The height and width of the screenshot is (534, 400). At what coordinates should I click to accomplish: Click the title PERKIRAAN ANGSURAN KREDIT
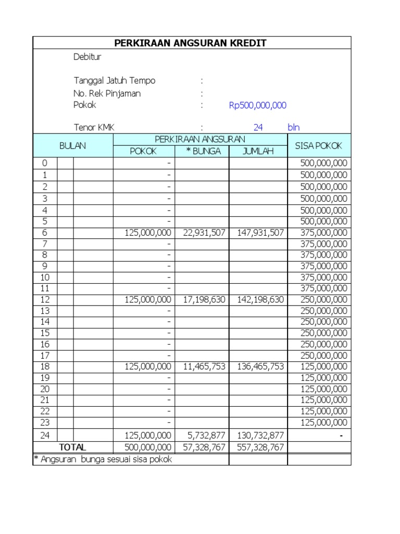click(x=192, y=43)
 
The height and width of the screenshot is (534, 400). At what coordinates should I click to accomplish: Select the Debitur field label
click(x=87, y=57)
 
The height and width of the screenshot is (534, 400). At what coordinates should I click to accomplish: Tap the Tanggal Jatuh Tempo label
click(x=114, y=81)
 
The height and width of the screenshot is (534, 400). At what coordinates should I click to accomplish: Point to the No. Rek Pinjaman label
click(x=107, y=93)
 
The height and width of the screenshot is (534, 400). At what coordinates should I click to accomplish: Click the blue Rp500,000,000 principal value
click(x=258, y=105)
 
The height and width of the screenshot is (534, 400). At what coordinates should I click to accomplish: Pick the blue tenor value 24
click(x=258, y=127)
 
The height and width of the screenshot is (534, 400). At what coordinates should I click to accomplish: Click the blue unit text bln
click(x=294, y=127)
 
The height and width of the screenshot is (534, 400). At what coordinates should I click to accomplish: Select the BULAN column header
click(x=73, y=145)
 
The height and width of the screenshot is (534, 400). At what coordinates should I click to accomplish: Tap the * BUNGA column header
click(x=203, y=151)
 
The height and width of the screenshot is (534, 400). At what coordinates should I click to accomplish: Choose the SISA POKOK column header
click(x=319, y=145)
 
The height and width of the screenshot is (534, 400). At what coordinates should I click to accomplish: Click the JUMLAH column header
click(x=258, y=151)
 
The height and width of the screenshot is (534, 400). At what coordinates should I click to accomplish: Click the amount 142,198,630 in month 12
click(x=260, y=299)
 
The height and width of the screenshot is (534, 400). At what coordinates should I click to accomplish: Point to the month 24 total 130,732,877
click(x=260, y=435)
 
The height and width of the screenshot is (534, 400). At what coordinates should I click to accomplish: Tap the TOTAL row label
click(x=73, y=447)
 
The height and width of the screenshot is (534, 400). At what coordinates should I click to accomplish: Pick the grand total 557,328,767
click(x=260, y=447)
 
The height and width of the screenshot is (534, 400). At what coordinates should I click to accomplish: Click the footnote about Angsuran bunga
click(x=103, y=459)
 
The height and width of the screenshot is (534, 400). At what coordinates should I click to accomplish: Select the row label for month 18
click(x=45, y=367)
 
